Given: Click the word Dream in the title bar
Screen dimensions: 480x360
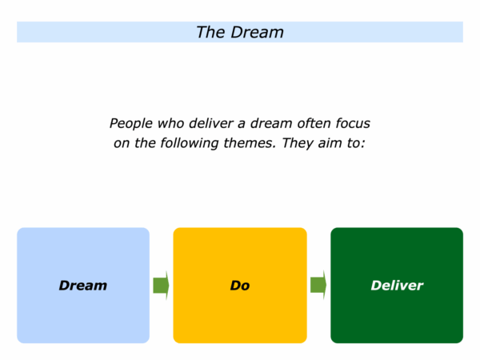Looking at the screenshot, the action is pyautogui.click(x=257, y=32).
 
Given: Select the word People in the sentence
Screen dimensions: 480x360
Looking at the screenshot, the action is pyautogui.click(x=131, y=124).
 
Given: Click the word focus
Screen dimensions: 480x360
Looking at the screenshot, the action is pyautogui.click(x=353, y=123).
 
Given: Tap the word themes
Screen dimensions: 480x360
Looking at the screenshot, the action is pyautogui.click(x=250, y=143).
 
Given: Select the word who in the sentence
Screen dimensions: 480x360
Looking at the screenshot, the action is pyautogui.click(x=171, y=123).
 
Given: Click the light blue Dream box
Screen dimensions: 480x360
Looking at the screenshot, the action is pyautogui.click(x=83, y=286).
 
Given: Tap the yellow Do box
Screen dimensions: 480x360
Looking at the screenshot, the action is pyautogui.click(x=240, y=286).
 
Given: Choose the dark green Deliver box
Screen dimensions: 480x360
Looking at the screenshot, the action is pyautogui.click(x=397, y=286).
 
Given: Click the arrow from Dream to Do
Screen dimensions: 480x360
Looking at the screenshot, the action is pyautogui.click(x=161, y=286).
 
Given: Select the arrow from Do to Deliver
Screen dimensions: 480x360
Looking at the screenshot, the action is pyautogui.click(x=318, y=286).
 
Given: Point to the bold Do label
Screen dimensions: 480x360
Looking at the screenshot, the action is pyautogui.click(x=240, y=286).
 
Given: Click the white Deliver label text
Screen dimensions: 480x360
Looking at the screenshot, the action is pyautogui.click(x=397, y=286).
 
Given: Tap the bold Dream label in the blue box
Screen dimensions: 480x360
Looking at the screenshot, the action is pyautogui.click(x=83, y=286).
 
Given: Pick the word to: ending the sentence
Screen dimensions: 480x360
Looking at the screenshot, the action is pyautogui.click(x=356, y=143).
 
